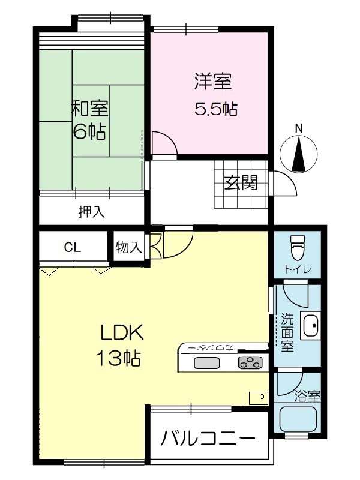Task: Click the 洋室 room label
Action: [x=213, y=81]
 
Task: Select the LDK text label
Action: [x=122, y=333]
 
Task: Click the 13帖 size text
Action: [x=118, y=358]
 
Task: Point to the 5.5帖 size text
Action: [x=216, y=109]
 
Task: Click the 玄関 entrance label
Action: [x=241, y=182]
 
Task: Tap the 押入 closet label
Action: [x=92, y=212]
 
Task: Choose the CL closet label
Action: [x=73, y=247]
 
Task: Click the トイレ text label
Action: [x=297, y=269]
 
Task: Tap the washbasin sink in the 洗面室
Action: [x=310, y=326]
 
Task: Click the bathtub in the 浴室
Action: [x=297, y=419]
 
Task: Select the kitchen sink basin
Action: [x=206, y=364]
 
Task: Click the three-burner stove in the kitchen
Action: [x=250, y=362]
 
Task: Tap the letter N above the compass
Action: [x=299, y=128]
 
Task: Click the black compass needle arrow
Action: [x=299, y=154]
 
